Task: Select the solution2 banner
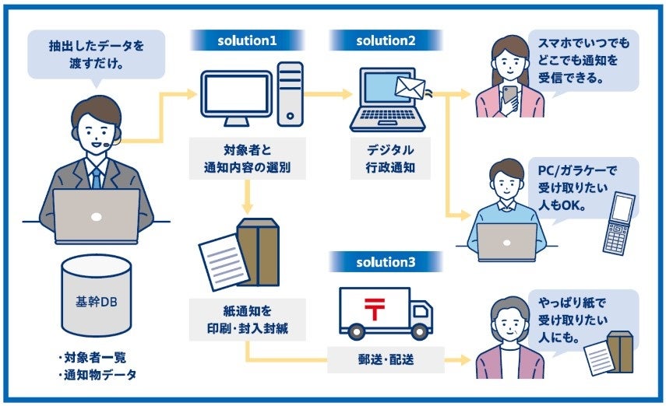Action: coord(386,40)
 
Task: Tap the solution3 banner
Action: coord(386,261)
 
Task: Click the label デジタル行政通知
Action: coord(387,158)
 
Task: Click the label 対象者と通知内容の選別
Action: coord(246,159)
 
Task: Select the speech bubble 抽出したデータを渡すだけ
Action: coord(97,54)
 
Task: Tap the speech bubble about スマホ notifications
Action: coord(585,60)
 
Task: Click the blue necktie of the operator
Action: coord(96,177)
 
